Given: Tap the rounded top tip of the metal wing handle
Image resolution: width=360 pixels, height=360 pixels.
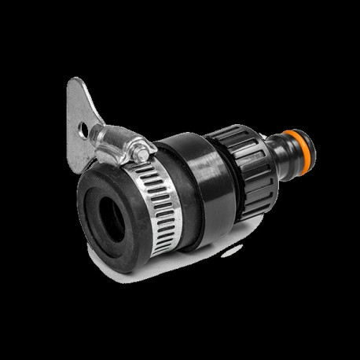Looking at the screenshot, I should pyautogui.click(x=75, y=82).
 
